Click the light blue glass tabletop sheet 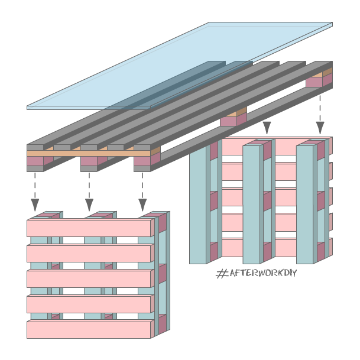(x=177, y=65)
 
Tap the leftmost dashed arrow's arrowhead (x=35, y=205)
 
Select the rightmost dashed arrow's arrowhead (x=320, y=127)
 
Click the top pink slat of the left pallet (x=89, y=228)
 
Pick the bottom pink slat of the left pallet (x=89, y=329)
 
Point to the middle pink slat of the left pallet (x=89, y=279)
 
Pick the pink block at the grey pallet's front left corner (x=35, y=161)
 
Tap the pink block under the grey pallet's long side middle (x=229, y=121)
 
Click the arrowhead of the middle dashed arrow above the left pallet (x=89, y=205)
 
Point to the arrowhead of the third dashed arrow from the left (x=142, y=205)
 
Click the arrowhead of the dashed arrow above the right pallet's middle (x=267, y=127)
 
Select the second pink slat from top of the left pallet (x=89, y=254)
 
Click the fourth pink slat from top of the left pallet (x=89, y=304)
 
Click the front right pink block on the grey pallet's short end (x=142, y=161)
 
